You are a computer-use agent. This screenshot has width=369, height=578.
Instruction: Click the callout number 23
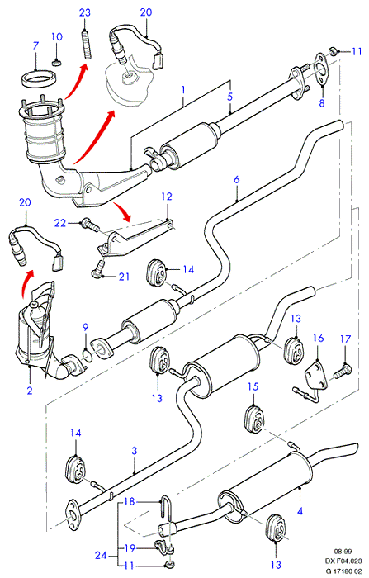tap(85, 12)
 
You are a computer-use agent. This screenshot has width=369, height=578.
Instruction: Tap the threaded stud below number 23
tap(85, 45)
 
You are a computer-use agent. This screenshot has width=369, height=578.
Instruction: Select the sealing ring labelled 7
tap(36, 79)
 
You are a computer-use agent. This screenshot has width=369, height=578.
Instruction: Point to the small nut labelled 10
tap(56, 63)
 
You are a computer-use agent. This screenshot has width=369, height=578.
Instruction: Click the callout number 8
tap(322, 103)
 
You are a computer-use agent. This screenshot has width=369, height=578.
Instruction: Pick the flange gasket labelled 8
tap(321, 69)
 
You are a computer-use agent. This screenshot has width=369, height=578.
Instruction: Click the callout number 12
tap(167, 197)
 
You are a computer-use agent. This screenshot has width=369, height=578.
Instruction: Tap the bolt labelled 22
tap(89, 225)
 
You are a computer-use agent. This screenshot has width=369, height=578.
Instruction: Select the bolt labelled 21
tap(97, 268)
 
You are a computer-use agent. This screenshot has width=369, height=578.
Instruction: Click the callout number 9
tap(85, 327)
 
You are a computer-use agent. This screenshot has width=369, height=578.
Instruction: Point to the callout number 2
tap(30, 391)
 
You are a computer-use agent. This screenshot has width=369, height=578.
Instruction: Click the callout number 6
tap(236, 179)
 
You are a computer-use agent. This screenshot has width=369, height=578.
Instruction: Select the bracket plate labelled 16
tap(316, 375)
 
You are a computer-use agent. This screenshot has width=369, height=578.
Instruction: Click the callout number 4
tap(300, 511)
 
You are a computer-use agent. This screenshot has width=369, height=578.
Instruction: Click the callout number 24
tap(101, 555)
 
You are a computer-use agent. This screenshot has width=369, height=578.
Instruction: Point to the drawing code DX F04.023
tap(343, 561)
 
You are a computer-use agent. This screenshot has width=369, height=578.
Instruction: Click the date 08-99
tap(343, 552)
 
